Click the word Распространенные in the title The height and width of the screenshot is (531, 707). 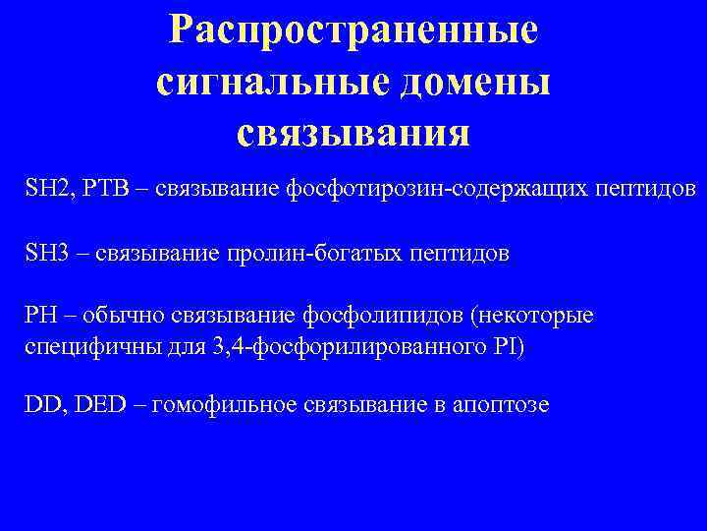pos(353,30)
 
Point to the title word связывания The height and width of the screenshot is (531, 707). pos(353,133)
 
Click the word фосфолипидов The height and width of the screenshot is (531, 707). pos(373,316)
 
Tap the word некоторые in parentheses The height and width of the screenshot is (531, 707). pos(552,316)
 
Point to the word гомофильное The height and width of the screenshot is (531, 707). pos(222,404)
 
